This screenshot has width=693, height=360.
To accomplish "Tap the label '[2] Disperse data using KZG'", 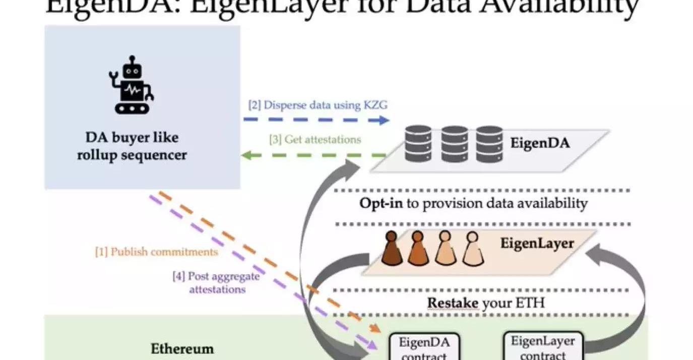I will pyautogui.click(x=318, y=105).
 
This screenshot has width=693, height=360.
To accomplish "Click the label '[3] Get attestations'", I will pyautogui.click(x=316, y=140).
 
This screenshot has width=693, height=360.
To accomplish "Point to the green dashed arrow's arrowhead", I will pyautogui.click(x=245, y=155).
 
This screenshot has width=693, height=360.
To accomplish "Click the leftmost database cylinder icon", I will pyautogui.click(x=418, y=144).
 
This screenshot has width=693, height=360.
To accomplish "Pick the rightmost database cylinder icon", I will pyautogui.click(x=489, y=144).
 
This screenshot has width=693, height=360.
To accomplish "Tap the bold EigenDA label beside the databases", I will pyautogui.click(x=540, y=143).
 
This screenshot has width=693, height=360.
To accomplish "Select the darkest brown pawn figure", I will pyautogui.click(x=392, y=249).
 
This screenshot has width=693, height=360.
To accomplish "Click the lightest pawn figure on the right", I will pyautogui.click(x=472, y=249).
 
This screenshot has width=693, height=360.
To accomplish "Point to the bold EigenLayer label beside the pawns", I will pyautogui.click(x=537, y=244).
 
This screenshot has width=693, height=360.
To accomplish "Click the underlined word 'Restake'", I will pyautogui.click(x=453, y=304).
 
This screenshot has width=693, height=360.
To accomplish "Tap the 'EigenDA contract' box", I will pyautogui.click(x=423, y=347).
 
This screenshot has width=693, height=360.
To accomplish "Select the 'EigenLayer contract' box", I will pyautogui.click(x=542, y=346).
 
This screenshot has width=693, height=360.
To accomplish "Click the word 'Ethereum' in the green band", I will pyautogui.click(x=182, y=349).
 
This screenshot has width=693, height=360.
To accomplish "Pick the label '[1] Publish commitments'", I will pyautogui.click(x=157, y=252).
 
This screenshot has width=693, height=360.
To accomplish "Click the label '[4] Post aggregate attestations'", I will pyautogui.click(x=217, y=283).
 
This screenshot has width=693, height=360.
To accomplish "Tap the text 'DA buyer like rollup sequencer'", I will pyautogui.click(x=132, y=146).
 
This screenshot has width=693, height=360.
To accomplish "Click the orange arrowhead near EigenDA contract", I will pyautogui.click(x=375, y=329).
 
